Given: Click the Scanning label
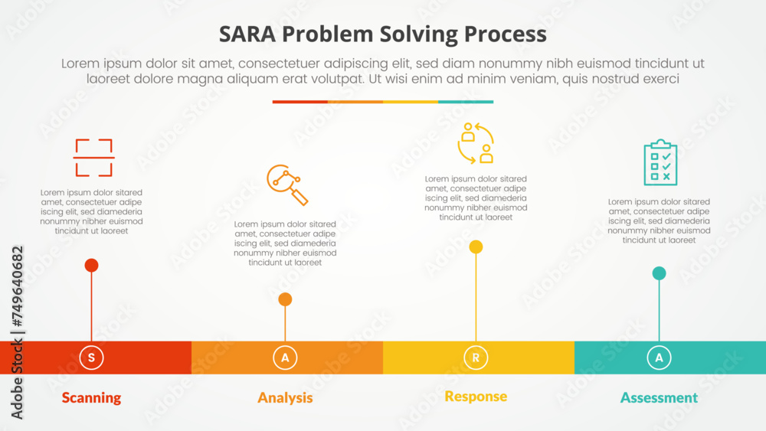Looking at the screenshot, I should click(91, 397).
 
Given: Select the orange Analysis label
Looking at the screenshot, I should click(285, 397).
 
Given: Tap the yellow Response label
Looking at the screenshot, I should click(476, 396).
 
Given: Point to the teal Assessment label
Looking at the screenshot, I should click(659, 397).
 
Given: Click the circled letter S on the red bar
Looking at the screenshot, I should click(91, 358).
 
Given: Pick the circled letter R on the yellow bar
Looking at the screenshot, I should click(476, 358).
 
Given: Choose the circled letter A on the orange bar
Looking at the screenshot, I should click(285, 358).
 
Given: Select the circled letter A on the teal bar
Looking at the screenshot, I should click(659, 358).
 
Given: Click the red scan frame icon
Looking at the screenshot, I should click(93, 158).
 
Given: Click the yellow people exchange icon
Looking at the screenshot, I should click(476, 143).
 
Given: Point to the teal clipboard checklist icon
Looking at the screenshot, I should click(660, 162).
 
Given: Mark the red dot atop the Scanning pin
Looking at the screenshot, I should click(91, 266).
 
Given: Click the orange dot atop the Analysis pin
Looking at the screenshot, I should click(285, 299).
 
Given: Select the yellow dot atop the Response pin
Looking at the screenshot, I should click(476, 247).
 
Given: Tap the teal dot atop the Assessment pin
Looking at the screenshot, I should click(659, 273).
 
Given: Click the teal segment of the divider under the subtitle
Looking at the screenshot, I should click(466, 101).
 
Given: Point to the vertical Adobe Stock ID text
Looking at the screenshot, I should click(17, 333).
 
